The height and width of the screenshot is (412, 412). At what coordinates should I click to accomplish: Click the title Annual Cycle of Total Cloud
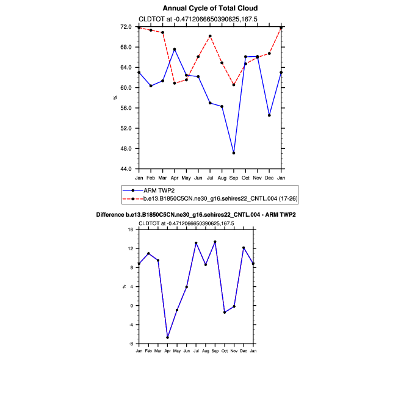[x=210, y=8]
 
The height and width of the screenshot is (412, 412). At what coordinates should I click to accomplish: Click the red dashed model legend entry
[x=220, y=199]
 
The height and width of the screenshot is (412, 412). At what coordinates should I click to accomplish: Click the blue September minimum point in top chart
[x=234, y=153]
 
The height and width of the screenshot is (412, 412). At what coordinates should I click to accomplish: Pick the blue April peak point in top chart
[x=175, y=49]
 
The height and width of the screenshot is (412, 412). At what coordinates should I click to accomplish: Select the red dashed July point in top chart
[x=210, y=36]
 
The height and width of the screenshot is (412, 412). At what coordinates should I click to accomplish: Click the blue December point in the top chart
[x=269, y=115]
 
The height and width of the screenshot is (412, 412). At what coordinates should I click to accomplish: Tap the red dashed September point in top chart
[x=234, y=85]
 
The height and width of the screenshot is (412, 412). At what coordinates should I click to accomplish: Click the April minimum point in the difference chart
[x=167, y=338]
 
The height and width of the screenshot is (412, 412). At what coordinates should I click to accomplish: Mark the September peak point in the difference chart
[x=215, y=242]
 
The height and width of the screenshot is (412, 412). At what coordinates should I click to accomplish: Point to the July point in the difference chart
[x=196, y=243]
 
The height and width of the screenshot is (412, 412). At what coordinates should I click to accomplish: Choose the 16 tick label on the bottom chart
[x=131, y=229]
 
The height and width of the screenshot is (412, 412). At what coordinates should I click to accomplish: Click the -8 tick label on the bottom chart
[x=131, y=344]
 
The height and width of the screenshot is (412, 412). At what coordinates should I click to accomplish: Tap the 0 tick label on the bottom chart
[x=132, y=306]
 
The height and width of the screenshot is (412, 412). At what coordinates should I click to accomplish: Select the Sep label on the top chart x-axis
[x=234, y=177]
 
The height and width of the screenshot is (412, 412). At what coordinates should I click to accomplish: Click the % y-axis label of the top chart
[x=115, y=98]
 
